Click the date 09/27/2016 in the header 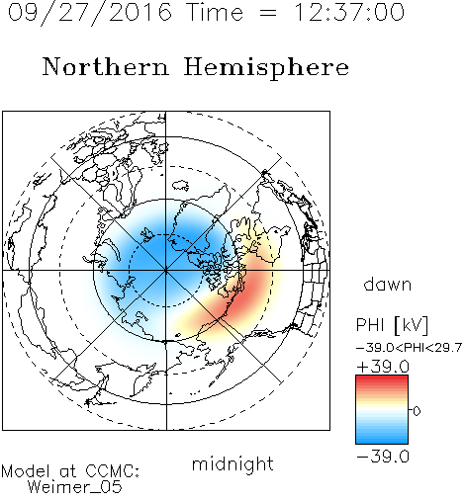point(90,13)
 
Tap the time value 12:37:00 point(349,12)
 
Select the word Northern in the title point(106,66)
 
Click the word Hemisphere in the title point(266,67)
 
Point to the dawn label point(388,284)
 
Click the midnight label point(232,464)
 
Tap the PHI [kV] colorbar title point(392,325)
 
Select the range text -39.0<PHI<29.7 point(409,348)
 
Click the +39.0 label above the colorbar point(383,367)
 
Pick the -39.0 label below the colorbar point(383,457)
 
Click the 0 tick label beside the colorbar point(417,411)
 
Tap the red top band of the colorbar point(382,379)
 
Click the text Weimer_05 point(75,487)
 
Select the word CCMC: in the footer point(112,471)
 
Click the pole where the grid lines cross point(166,271)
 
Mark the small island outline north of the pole point(180,186)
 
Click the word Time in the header point(215,12)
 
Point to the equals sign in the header point(268,14)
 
